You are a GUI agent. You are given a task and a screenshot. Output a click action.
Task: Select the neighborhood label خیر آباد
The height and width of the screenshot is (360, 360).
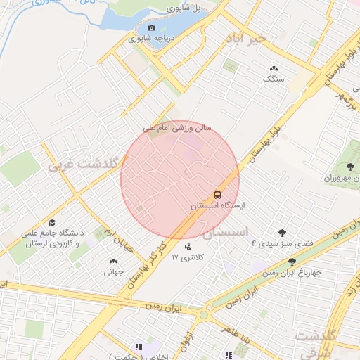point(244,39)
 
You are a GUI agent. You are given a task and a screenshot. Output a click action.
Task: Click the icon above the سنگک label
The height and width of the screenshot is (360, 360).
point(273,68)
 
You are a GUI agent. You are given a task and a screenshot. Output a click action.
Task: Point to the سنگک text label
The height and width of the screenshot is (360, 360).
point(274,79)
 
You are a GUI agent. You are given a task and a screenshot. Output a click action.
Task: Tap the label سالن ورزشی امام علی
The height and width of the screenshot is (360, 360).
point(176,129)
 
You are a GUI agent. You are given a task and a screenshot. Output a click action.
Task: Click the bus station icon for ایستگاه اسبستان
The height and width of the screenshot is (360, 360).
point(217,195)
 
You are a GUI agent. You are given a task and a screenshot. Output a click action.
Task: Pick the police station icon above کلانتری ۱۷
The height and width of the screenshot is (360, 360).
point(187,247)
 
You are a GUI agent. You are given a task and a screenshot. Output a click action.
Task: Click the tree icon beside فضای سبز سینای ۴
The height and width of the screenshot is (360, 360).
point(282,232)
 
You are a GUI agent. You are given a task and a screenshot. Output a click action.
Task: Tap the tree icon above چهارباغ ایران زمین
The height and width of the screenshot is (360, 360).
point(292,262)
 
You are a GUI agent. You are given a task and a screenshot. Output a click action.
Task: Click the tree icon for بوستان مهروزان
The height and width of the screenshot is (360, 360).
point(350,167)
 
